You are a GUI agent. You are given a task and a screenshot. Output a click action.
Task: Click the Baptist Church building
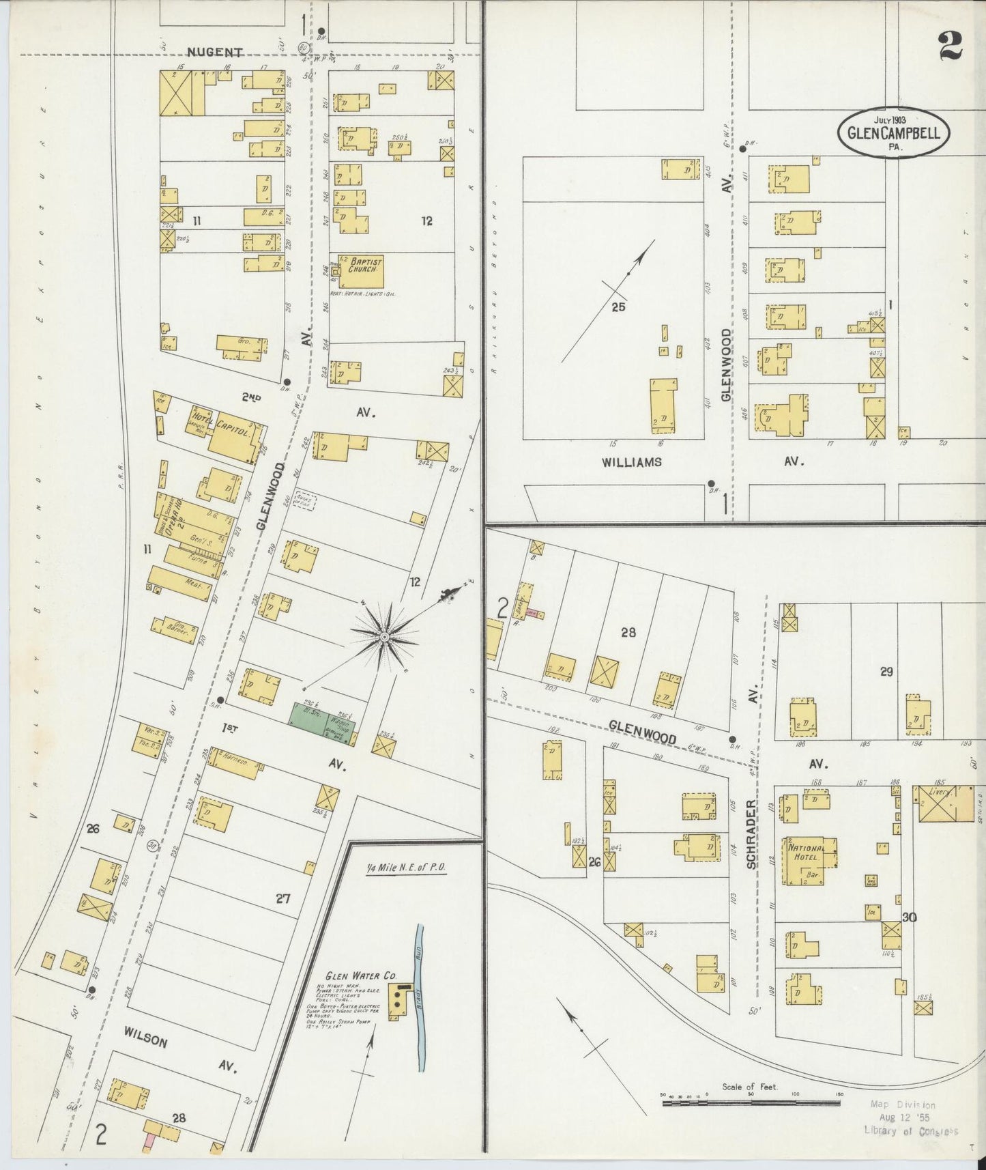tap(364, 271)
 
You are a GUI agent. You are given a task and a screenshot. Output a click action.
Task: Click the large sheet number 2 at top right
tap(949, 46)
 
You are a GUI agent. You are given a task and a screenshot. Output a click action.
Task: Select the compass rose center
tap(384, 636)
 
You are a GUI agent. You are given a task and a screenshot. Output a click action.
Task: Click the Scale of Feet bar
tap(751, 1101)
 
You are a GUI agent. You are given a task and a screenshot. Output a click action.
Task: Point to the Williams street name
tap(631, 462)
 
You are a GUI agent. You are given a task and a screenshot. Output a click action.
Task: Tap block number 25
tap(618, 306)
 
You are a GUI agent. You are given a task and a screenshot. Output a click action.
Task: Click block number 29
tap(886, 672)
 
